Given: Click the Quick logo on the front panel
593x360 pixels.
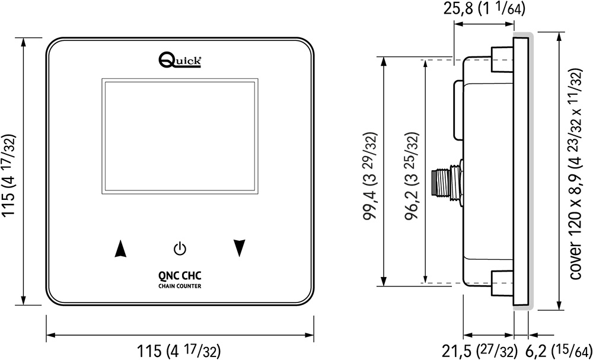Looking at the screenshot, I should (x=181, y=59).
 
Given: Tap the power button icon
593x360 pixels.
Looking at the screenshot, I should (x=180, y=248).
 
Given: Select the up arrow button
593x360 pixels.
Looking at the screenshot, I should (x=120, y=249).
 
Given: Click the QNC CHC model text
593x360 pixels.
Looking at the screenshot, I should (x=180, y=275).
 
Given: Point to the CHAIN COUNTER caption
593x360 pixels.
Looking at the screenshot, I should (x=180, y=286).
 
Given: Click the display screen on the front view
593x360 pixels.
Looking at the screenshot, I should (x=180, y=137).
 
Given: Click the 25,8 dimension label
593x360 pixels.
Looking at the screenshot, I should (x=484, y=9).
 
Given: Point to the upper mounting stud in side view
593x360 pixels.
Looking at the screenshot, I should (x=501, y=56).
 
